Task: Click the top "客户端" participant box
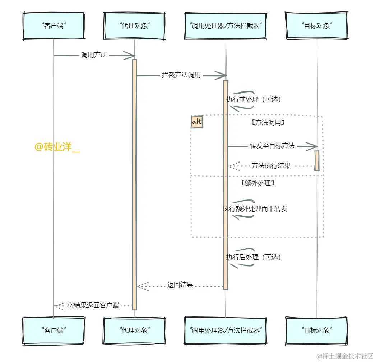54,26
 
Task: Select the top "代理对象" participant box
135,26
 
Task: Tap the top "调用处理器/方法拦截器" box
225,26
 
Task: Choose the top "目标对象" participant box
316,26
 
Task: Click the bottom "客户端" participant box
54,330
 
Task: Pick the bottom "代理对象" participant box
135,330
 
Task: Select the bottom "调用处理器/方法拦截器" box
225,330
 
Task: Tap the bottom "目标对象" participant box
316,330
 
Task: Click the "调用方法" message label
94,55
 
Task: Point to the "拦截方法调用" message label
181,75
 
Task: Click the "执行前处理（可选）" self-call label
253,99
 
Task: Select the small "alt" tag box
197,122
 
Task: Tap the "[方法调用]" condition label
268,123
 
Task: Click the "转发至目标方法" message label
272,146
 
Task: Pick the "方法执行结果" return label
271,166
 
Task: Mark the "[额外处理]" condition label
258,183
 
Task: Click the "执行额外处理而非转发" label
255,209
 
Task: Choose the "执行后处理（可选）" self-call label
253,257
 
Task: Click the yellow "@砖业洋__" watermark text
57,147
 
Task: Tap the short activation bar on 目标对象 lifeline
317,160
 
